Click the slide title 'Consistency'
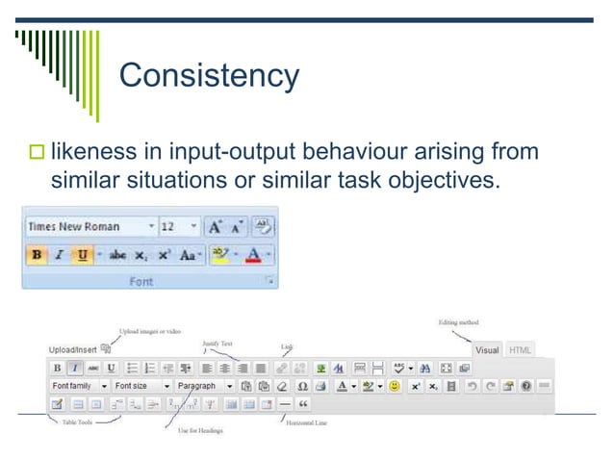pyautogui.click(x=209, y=75)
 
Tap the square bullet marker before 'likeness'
pyautogui.click(x=38, y=152)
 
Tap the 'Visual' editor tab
pyautogui.click(x=487, y=350)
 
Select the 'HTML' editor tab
pyautogui.click(x=520, y=350)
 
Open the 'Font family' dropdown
pyautogui.click(x=77, y=386)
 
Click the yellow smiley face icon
pyautogui.click(x=395, y=386)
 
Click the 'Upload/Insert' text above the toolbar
pyautogui.click(x=72, y=348)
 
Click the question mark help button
pyautogui.click(x=526, y=386)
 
